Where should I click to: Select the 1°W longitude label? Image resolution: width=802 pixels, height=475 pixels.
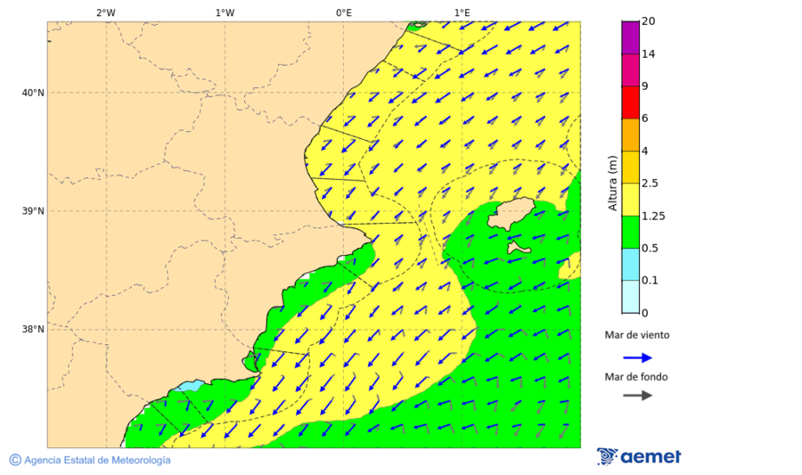pyautogui.click(x=225, y=12)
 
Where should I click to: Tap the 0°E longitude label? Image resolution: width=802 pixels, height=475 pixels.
pyautogui.click(x=343, y=12)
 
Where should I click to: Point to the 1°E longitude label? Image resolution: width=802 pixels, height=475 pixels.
pyautogui.click(x=462, y=12)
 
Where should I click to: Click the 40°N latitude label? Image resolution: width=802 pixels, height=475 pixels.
pyautogui.click(x=33, y=93)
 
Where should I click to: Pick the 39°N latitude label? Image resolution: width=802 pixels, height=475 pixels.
pyautogui.click(x=33, y=211)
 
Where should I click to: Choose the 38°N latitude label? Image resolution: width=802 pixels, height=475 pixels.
pyautogui.click(x=33, y=329)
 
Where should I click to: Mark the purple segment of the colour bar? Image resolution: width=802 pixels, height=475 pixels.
pyautogui.click(x=630, y=37)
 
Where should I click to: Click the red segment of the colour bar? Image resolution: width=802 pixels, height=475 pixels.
pyautogui.click(x=630, y=102)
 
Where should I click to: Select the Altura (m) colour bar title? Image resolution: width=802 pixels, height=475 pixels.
pyautogui.click(x=612, y=183)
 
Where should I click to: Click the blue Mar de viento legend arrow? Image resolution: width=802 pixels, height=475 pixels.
pyautogui.click(x=636, y=357)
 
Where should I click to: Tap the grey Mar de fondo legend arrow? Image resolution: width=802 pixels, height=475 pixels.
pyautogui.click(x=636, y=396)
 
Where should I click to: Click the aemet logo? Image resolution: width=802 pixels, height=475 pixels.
pyautogui.click(x=639, y=456)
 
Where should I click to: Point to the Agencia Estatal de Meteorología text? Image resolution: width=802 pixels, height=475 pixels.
pyautogui.click(x=96, y=460)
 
